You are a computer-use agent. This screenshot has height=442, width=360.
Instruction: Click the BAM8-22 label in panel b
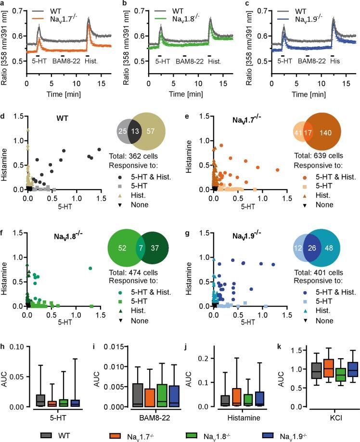pos(188,62)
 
